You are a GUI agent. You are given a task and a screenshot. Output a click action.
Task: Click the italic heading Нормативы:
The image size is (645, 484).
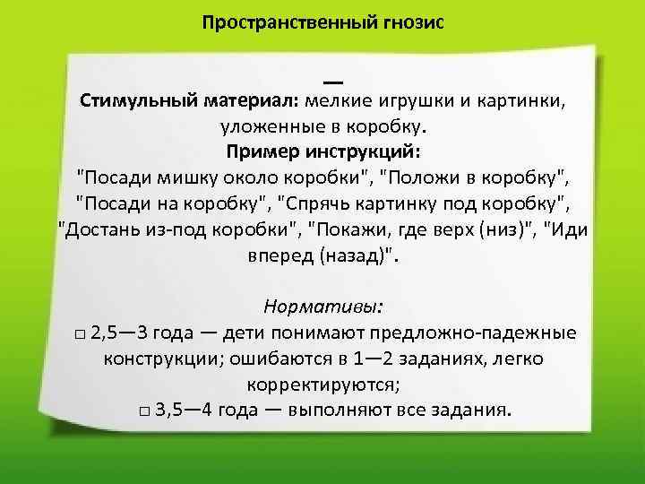click(323, 307)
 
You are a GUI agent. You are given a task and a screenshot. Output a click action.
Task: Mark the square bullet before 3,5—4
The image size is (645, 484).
click(144, 413)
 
